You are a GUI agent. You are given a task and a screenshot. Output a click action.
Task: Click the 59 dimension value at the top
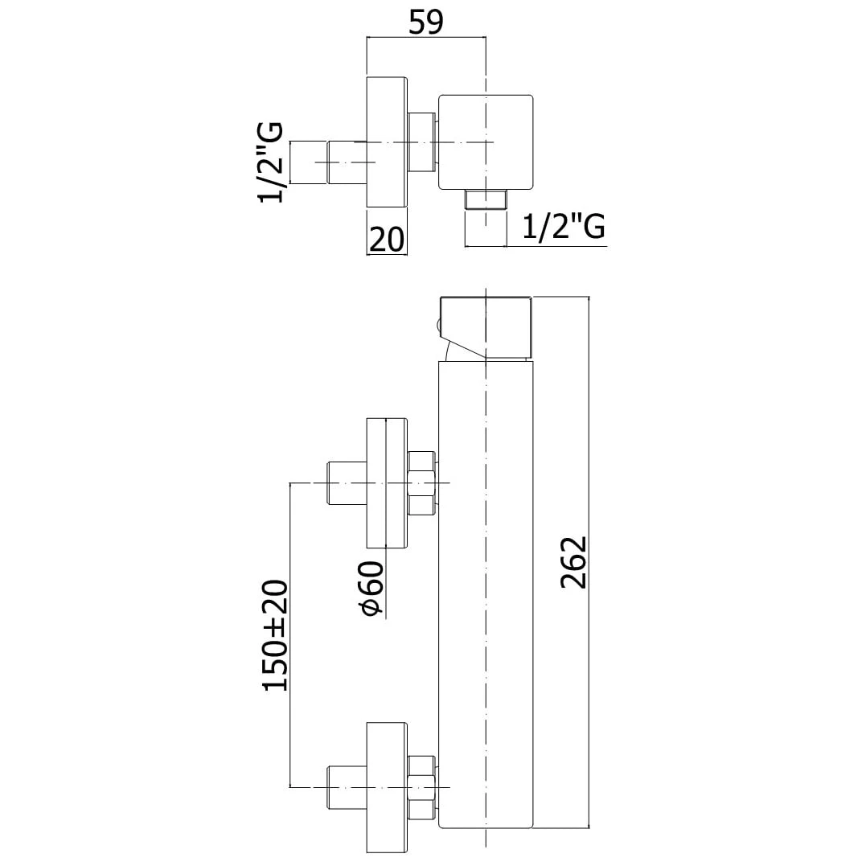(426, 22)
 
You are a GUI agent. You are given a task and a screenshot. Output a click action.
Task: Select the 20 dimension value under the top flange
(386, 239)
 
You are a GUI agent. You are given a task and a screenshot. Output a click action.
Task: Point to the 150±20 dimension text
(275, 634)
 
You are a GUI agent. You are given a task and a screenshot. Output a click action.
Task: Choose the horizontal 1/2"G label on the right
(563, 228)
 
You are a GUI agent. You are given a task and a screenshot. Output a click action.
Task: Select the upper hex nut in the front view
(421, 483)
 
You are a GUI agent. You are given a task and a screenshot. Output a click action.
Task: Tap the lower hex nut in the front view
(421, 787)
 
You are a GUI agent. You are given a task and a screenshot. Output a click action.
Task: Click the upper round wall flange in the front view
(387, 483)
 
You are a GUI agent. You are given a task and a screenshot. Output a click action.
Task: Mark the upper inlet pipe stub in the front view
(347, 483)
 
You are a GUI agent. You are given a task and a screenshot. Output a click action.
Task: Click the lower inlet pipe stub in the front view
(347, 787)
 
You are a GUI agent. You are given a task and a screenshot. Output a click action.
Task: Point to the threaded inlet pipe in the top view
(330, 162)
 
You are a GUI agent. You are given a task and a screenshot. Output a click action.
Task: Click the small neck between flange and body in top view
(422, 142)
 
